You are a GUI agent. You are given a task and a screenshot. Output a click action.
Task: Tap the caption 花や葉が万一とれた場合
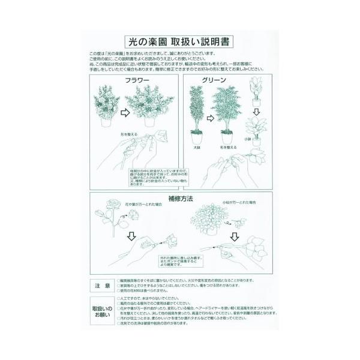(143, 205)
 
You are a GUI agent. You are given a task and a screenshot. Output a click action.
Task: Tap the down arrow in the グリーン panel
(256, 112)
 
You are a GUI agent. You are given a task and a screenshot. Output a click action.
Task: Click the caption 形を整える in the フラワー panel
(128, 134)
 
